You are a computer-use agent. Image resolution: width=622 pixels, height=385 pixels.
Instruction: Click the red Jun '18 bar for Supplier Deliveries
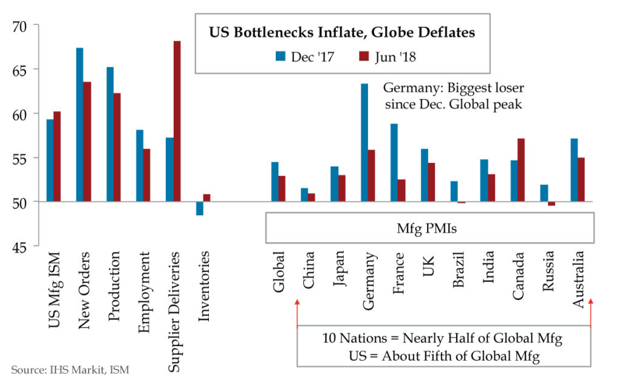177,121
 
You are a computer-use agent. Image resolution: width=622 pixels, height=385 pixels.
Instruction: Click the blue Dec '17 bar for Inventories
199,208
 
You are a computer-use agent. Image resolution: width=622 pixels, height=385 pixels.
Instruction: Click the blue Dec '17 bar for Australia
574,170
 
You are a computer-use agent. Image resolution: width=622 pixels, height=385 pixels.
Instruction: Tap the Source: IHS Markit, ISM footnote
70,369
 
